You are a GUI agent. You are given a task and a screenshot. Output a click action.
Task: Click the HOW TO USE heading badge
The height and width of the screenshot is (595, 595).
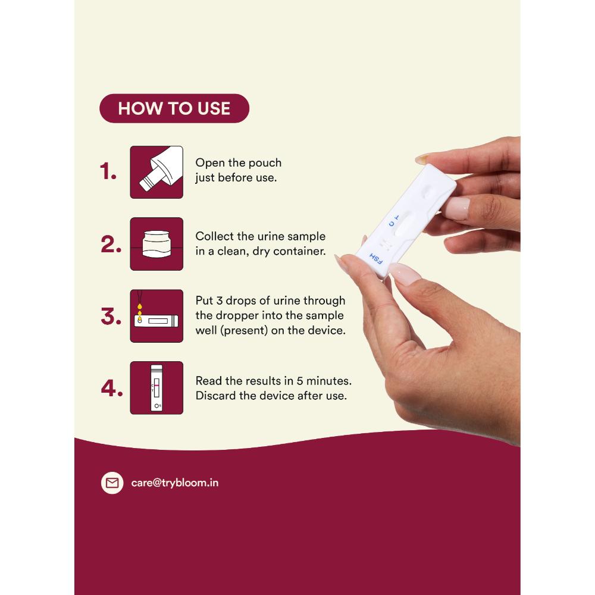[174, 108]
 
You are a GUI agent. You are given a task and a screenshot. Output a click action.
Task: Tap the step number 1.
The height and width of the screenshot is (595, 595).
[108, 171]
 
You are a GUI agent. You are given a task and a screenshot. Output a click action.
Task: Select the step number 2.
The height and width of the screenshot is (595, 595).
[111, 243]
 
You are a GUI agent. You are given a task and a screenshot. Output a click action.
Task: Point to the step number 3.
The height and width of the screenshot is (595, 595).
[111, 316]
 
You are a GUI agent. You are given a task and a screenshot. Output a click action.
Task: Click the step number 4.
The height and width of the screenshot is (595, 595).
[112, 388]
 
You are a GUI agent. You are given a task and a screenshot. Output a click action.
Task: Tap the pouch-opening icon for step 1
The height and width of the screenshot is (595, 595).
[156, 172]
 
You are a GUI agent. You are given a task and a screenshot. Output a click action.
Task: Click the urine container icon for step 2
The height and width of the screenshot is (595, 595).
[156, 244]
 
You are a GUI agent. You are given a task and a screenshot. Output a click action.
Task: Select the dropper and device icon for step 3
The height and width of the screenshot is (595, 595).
[156, 316]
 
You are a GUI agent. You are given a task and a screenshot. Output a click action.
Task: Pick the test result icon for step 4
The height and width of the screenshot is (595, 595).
[156, 387]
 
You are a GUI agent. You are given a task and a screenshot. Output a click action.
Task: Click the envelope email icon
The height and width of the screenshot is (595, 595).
[112, 483]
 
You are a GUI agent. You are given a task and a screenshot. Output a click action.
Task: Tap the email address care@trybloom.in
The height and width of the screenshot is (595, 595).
[174, 483]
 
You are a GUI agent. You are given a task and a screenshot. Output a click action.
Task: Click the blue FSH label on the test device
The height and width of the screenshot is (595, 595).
[375, 258]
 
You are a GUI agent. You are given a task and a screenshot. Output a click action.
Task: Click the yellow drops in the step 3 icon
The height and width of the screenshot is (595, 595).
[140, 311]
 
